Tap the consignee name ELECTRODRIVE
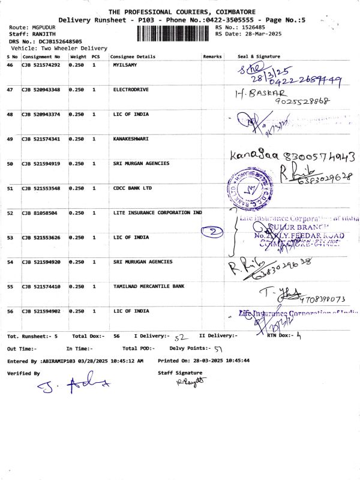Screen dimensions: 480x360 (130, 89)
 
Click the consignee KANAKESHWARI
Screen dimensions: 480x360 (131, 139)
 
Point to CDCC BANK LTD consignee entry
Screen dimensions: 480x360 (132, 188)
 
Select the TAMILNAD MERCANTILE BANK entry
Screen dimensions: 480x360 (148, 287)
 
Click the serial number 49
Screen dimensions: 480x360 (10, 139)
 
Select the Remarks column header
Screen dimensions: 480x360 (212, 56)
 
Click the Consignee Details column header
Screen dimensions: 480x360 (133, 56)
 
